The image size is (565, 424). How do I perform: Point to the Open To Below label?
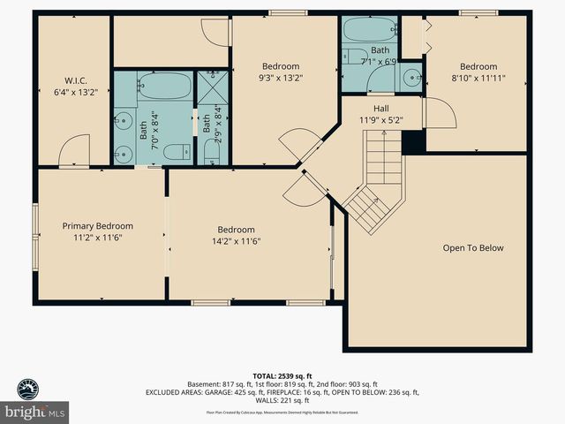tap(472, 248)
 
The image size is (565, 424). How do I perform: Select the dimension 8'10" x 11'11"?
tap(478, 78)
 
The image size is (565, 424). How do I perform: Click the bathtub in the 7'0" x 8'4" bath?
tap(164, 87)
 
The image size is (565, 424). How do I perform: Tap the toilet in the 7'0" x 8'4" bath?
tap(177, 151)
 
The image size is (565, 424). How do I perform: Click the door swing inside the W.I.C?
tap(76, 150)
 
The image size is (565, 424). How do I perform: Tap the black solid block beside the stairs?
tap(412, 142)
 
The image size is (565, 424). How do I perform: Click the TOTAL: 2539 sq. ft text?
tap(282, 375)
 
